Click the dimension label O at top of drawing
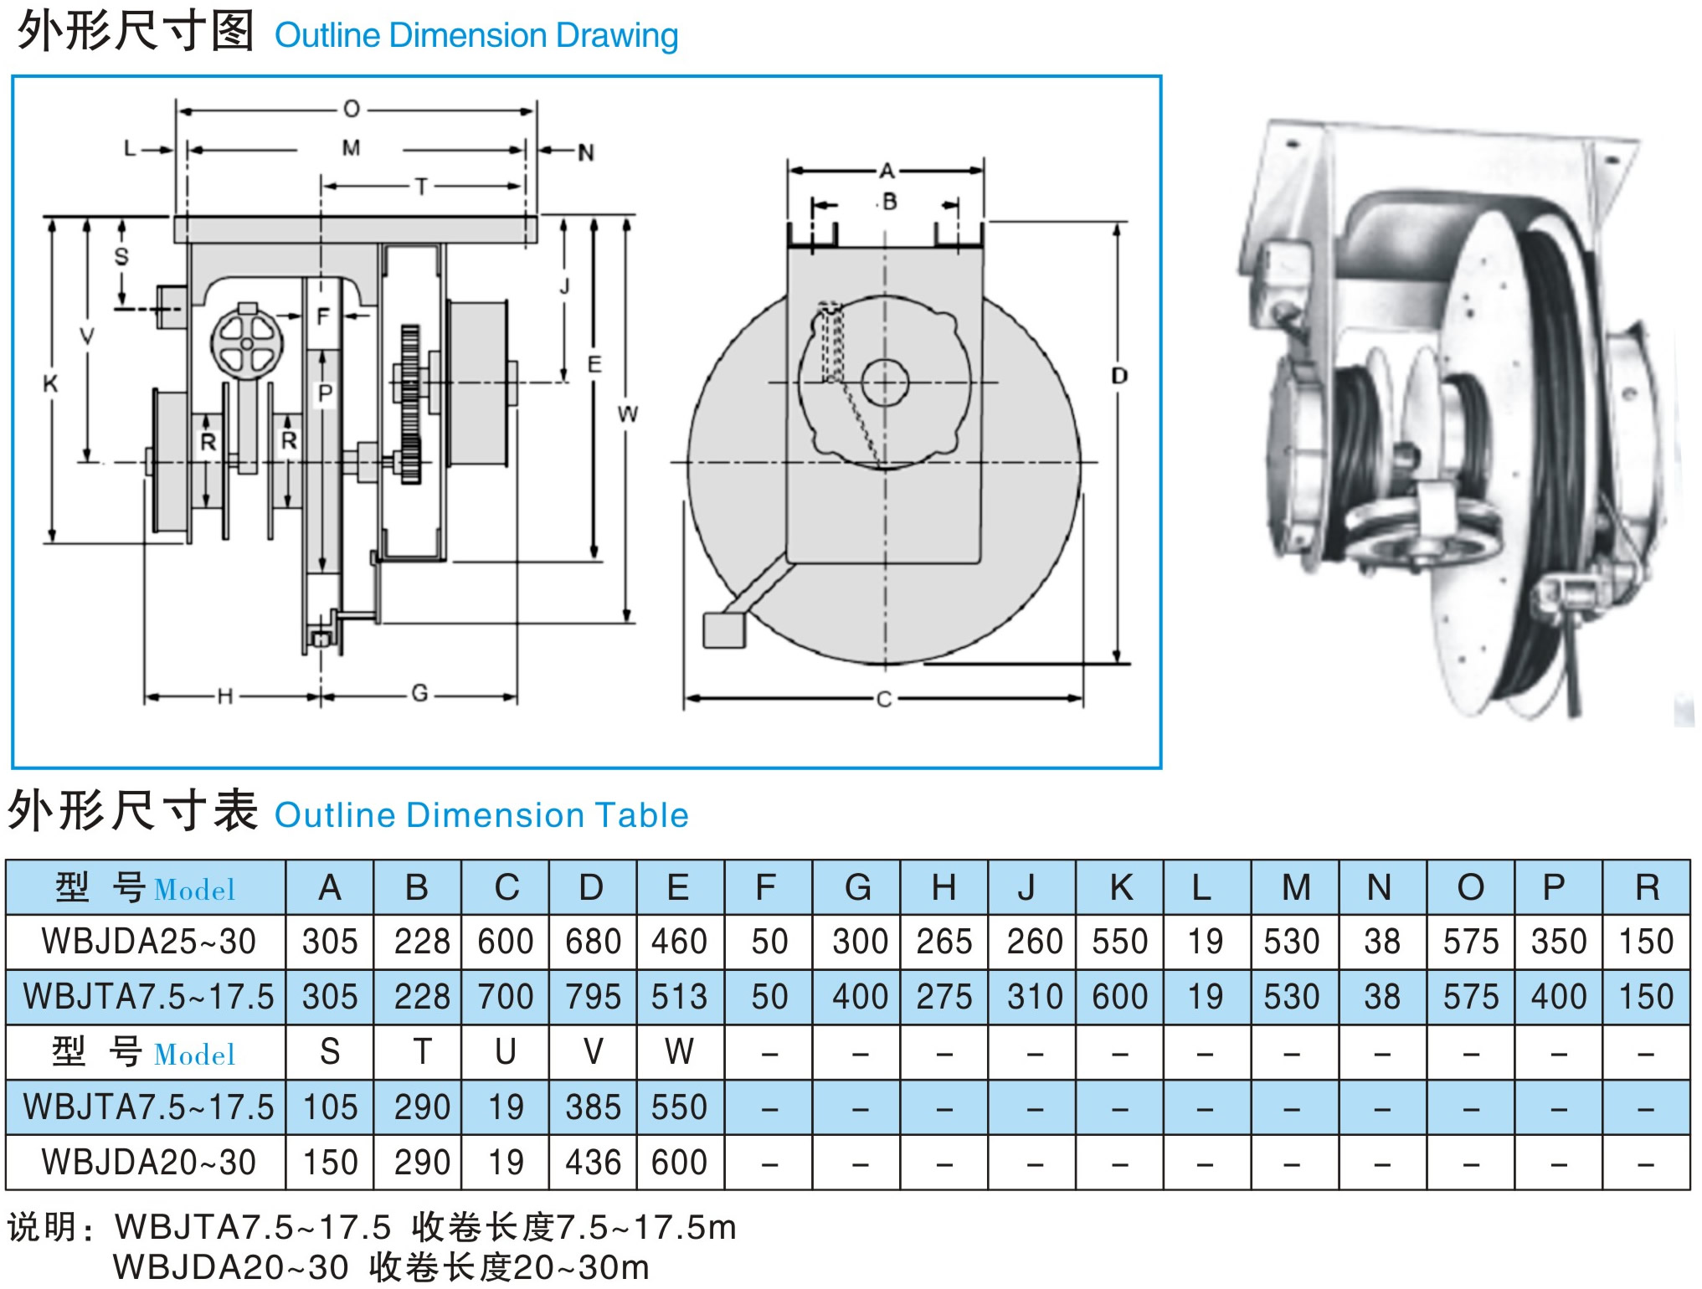(x=352, y=109)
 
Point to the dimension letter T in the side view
(x=421, y=186)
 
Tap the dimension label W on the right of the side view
(x=628, y=413)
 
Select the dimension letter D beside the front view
(x=1119, y=376)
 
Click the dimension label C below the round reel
(x=884, y=699)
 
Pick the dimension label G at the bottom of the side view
(x=419, y=693)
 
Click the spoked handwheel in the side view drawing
(x=246, y=342)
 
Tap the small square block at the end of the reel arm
(x=723, y=630)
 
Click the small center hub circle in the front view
(x=885, y=383)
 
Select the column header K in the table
(x=1121, y=887)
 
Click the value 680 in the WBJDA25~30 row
(x=593, y=942)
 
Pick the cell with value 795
(x=593, y=997)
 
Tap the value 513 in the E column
(x=679, y=997)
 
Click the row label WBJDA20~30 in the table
(x=148, y=1163)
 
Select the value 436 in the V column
(x=593, y=1163)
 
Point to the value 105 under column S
(x=330, y=1107)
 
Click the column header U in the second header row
(x=505, y=1052)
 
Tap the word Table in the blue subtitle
(x=641, y=815)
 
